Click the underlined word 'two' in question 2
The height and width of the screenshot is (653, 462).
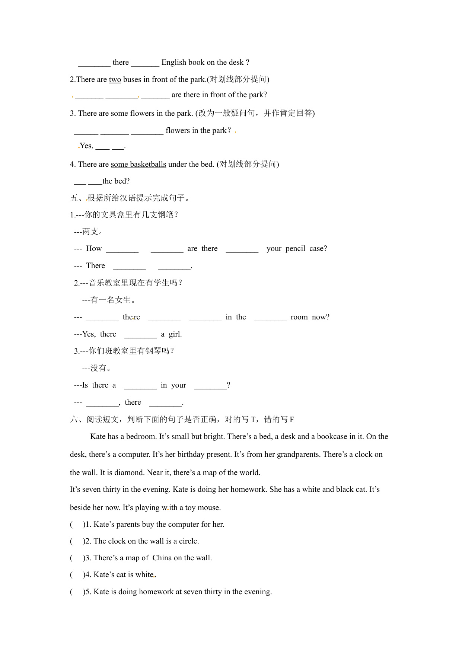point(115,79)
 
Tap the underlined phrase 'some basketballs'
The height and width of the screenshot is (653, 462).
point(138,164)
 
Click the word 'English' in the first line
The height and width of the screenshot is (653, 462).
point(174,62)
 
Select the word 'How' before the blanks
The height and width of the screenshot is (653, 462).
point(94,248)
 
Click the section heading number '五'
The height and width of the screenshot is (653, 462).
point(74,198)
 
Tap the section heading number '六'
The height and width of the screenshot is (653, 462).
point(74,420)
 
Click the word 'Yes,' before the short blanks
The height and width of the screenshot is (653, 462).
point(86,146)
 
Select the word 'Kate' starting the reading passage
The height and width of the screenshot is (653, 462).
point(98,436)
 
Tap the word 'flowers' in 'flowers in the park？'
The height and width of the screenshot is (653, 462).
point(178,130)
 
